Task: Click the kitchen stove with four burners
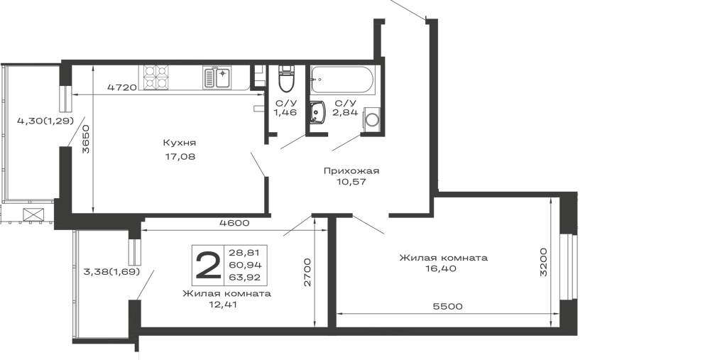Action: (x=155, y=77)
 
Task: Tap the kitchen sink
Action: (x=217, y=77)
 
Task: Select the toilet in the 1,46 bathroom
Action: (x=286, y=78)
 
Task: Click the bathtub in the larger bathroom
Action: (x=342, y=80)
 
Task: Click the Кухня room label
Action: (x=180, y=143)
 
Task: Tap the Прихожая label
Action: (x=351, y=170)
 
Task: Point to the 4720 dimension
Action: (x=122, y=87)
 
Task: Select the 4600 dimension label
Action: (x=234, y=223)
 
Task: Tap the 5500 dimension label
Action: (x=447, y=307)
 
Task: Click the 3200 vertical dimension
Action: (x=544, y=262)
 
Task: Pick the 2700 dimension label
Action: (x=307, y=272)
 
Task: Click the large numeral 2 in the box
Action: (x=208, y=266)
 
